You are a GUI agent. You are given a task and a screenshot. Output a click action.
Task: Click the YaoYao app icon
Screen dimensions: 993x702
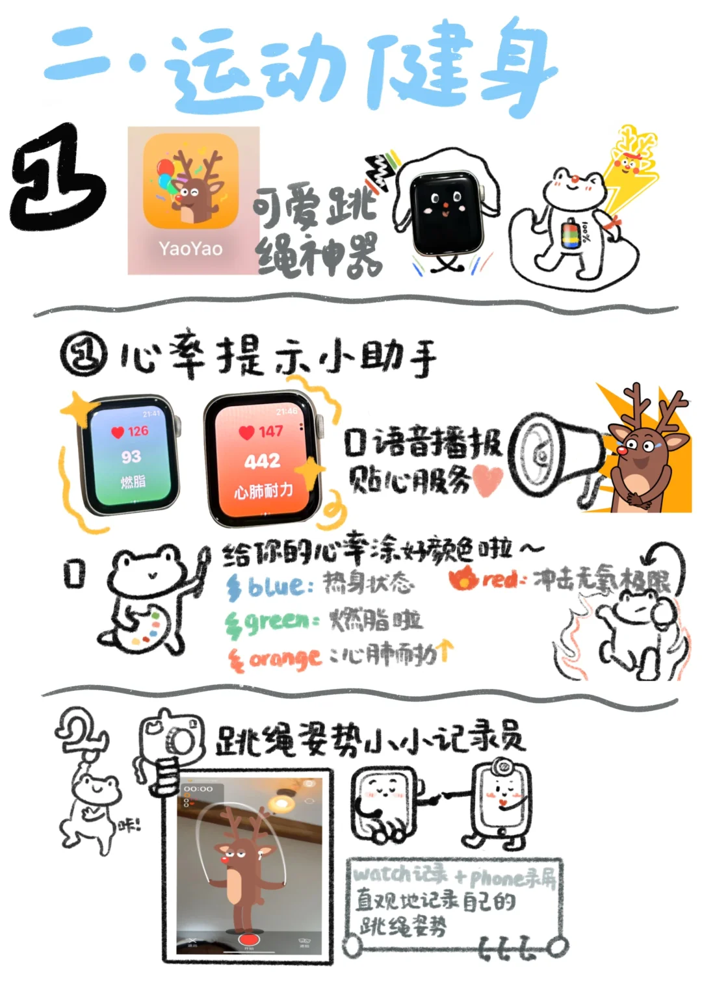point(190,181)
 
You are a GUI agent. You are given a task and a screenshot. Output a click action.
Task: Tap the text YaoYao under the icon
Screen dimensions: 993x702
point(190,249)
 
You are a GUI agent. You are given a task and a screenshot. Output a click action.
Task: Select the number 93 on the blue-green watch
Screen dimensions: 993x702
point(131,457)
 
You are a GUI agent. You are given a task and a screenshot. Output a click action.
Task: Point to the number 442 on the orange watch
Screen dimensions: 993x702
point(262,461)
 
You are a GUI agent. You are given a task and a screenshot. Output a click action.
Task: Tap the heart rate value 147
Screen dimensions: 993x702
point(270,432)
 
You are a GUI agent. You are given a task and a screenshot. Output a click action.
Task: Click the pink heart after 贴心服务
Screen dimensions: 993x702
point(488,480)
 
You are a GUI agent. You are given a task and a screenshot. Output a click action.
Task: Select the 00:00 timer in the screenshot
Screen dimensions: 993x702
point(198,789)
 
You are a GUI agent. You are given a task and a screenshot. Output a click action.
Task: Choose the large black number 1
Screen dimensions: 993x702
point(58,179)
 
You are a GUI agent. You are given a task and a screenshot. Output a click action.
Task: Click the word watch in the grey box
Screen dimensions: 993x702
point(382,874)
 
